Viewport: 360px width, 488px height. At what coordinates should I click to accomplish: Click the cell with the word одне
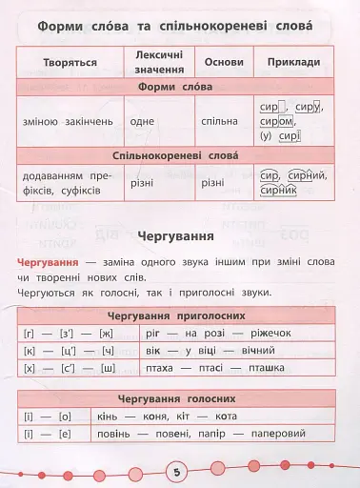point(140,121)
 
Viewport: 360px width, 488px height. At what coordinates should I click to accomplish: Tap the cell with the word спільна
point(220,121)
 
